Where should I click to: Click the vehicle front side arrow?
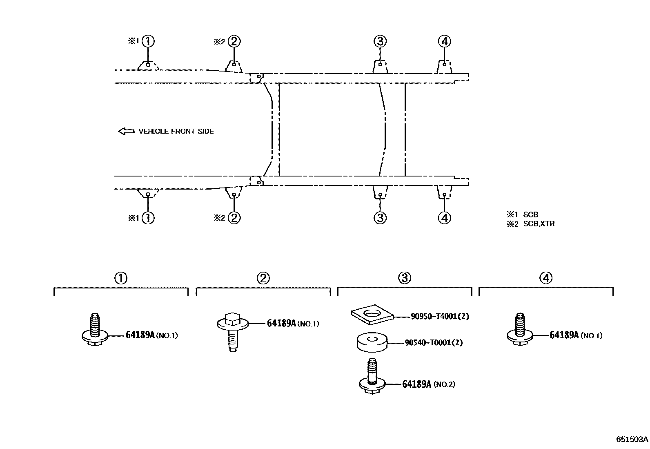(126, 131)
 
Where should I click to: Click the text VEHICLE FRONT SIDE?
(176, 131)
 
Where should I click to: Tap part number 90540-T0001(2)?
(434, 343)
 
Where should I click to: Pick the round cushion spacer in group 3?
(372, 342)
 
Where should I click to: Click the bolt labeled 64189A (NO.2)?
(372, 378)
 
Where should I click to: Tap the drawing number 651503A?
(632, 440)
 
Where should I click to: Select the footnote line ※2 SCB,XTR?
(531, 224)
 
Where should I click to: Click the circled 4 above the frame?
(444, 41)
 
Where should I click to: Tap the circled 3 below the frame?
(380, 217)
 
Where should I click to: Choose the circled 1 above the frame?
(148, 41)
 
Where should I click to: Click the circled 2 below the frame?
(234, 217)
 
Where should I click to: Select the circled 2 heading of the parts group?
(263, 278)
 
